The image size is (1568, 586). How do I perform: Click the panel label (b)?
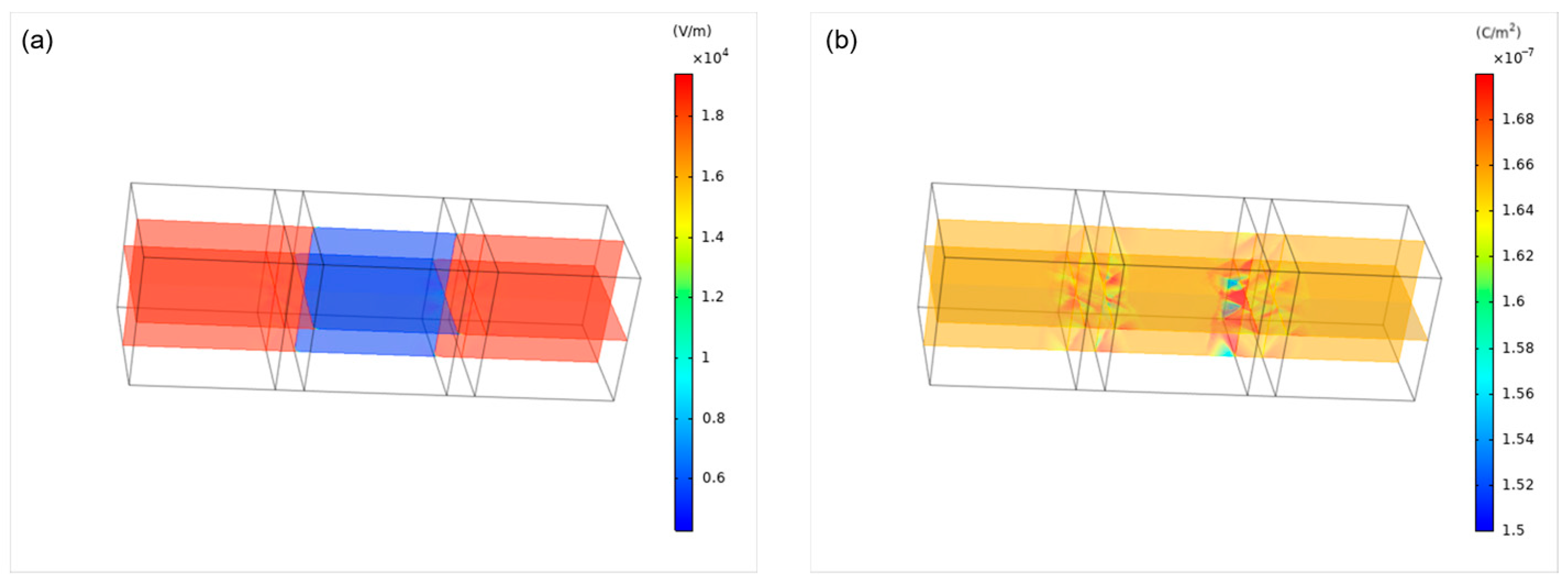click(841, 41)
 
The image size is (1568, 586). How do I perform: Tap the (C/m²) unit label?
click(1497, 32)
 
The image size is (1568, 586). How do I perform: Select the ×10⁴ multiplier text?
click(710, 57)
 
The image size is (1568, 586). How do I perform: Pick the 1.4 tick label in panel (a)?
click(712, 237)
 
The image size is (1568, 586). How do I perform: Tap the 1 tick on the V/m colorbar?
click(705, 357)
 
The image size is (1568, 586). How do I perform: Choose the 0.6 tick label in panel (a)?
click(713, 478)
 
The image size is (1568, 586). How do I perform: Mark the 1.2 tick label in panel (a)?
click(712, 297)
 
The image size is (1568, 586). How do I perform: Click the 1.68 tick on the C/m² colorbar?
click(1517, 119)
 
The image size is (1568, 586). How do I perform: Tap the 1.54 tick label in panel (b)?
click(1517, 439)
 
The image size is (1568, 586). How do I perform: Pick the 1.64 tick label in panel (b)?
click(1517, 210)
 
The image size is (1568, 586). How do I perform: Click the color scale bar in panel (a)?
click(683, 302)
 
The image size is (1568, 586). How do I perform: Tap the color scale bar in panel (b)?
click(1484, 302)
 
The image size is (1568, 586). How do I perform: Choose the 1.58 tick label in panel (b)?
click(1517, 348)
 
